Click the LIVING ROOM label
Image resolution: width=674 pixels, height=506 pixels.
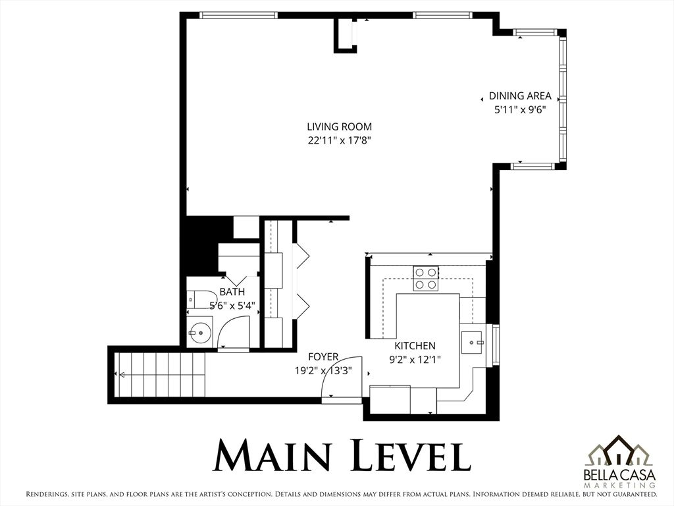point(339,126)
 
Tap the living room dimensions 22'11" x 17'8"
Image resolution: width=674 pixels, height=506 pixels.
point(339,140)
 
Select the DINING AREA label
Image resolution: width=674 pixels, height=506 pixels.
point(520,96)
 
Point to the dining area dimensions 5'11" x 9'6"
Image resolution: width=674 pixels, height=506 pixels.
point(520,110)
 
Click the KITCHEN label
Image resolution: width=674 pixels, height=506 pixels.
point(415,345)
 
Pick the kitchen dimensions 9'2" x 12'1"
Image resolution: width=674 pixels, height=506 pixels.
point(415,359)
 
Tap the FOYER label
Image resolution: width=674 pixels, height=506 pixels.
point(323,356)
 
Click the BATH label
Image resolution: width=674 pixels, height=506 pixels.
point(232,292)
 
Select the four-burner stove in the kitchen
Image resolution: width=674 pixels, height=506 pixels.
point(426,278)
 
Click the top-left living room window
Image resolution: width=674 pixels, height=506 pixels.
point(238,15)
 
